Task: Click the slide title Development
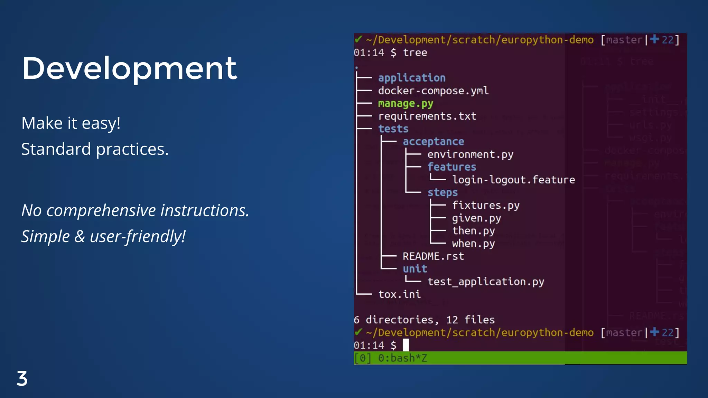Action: pos(129,68)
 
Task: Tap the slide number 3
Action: pos(22,379)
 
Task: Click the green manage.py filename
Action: pos(405,104)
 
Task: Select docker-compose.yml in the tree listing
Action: pos(433,91)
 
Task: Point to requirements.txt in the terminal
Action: pos(427,116)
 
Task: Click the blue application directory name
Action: pos(411,78)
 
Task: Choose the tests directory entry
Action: pos(393,129)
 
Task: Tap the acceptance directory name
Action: pos(433,142)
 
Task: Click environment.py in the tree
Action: pos(470,154)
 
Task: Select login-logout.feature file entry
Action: pos(513,180)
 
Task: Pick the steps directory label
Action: pos(442,192)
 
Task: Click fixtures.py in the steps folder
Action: pos(485,206)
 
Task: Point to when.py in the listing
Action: pos(473,244)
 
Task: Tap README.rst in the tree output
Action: pos(433,256)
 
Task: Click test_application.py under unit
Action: pos(485,282)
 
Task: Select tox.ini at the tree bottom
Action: pos(399,294)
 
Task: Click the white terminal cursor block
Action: pos(406,345)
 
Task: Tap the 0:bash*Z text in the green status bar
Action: pos(402,358)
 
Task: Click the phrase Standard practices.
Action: pos(95,149)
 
